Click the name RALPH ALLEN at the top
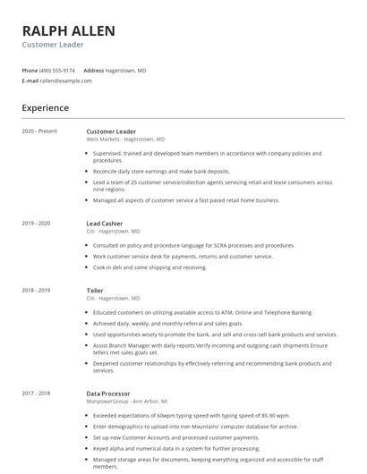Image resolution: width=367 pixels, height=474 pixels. pyautogui.click(x=69, y=31)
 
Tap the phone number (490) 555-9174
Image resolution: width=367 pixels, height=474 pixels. pyautogui.click(x=57, y=70)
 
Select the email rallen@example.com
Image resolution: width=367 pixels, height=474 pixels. pyautogui.click(x=66, y=80)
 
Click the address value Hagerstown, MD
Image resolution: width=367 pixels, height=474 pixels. pyautogui.click(x=126, y=70)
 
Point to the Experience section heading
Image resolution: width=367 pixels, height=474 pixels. pyautogui.click(x=46, y=108)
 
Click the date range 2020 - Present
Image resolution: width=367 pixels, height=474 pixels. pyautogui.click(x=39, y=131)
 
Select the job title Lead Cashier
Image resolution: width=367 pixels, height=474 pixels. pyautogui.click(x=106, y=223)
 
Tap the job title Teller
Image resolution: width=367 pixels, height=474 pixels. pyautogui.click(x=95, y=290)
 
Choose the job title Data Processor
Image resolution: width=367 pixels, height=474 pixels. pyautogui.click(x=108, y=393)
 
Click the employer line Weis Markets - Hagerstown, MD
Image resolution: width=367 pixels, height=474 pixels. pyautogui.click(x=125, y=140)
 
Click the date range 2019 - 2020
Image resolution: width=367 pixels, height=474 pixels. pyautogui.click(x=37, y=223)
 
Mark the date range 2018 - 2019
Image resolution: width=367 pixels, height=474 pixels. pyautogui.click(x=37, y=290)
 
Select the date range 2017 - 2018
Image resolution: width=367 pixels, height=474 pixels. pyautogui.click(x=37, y=393)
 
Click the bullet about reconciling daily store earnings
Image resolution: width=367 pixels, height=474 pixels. pyautogui.click(x=161, y=171)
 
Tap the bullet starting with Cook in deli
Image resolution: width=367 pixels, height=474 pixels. pyautogui.click(x=149, y=267)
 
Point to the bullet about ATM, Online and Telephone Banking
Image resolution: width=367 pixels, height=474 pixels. pyautogui.click(x=202, y=313)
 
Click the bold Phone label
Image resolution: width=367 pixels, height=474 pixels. pyautogui.click(x=30, y=70)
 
